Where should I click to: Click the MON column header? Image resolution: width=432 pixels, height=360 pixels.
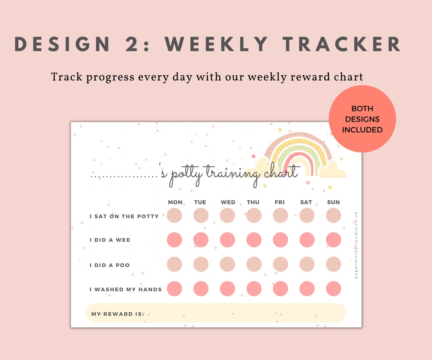[175, 202]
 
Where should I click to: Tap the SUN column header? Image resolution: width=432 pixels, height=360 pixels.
[333, 202]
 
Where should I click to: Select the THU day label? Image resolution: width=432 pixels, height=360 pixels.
[253, 202]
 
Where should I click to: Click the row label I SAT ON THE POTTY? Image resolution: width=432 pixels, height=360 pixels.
[124, 216]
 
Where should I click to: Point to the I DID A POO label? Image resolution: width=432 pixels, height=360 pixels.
[110, 265]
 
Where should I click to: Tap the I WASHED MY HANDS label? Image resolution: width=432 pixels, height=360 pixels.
[125, 290]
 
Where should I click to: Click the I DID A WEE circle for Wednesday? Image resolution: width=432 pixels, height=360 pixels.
[227, 240]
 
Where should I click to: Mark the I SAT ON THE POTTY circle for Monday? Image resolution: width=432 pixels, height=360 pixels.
[174, 216]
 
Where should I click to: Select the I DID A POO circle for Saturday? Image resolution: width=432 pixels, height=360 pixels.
[307, 264]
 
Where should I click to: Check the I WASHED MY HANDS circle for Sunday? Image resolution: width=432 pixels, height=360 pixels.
[333, 289]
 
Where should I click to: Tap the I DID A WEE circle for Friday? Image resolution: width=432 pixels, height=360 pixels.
[280, 240]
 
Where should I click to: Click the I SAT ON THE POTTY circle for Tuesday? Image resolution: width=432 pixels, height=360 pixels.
[201, 216]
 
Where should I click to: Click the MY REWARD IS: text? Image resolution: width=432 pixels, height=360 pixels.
[117, 314]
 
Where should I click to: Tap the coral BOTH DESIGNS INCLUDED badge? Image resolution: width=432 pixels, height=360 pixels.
[362, 119]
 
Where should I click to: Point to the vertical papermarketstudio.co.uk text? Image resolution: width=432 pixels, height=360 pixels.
[356, 245]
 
